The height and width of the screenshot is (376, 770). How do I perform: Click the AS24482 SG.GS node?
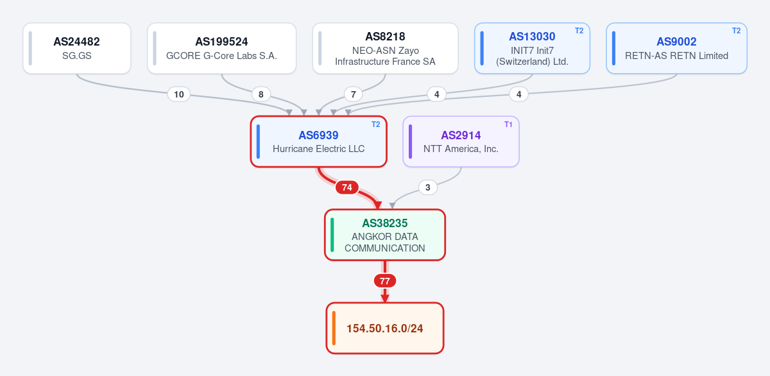tap(77, 48)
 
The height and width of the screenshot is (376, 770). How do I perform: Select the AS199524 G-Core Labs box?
tap(222, 48)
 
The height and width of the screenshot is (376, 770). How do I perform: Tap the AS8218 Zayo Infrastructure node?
tap(386, 48)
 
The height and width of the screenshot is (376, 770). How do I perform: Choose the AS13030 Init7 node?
tap(532, 48)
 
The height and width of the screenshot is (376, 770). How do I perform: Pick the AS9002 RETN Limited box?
tap(676, 48)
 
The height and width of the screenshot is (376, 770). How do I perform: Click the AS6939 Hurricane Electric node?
tap(319, 142)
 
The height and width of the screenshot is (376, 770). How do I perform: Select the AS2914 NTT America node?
tap(461, 142)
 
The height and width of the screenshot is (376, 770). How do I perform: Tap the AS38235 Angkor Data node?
tap(385, 235)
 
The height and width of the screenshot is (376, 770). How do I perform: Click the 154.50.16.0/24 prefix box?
tap(385, 329)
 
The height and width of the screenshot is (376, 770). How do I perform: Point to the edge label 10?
tap(179, 94)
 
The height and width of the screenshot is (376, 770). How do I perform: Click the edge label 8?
tap(261, 94)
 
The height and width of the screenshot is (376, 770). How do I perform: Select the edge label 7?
tap(353, 94)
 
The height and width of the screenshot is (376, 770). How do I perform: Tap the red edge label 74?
tap(347, 187)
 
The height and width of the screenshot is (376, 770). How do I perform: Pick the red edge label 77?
tap(385, 281)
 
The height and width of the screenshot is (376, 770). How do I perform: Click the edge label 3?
tap(427, 187)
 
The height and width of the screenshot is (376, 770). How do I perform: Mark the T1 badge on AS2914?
tap(508, 124)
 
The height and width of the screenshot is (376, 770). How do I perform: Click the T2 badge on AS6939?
tap(376, 124)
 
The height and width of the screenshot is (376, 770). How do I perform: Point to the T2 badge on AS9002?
tap(737, 31)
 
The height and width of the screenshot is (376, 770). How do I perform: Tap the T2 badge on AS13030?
tap(579, 31)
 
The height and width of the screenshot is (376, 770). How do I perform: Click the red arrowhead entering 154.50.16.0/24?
tap(385, 298)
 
